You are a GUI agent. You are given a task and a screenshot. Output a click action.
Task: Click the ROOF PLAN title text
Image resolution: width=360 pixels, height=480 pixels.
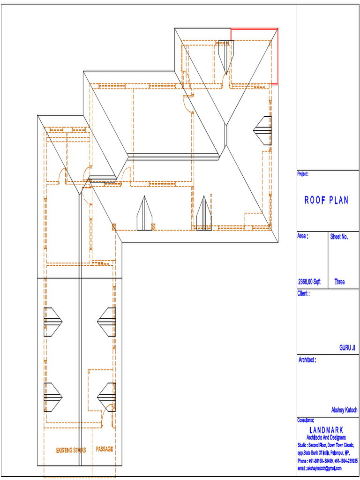pyautogui.click(x=327, y=201)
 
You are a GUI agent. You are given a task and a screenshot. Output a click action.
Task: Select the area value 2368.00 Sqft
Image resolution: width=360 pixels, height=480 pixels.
pyautogui.click(x=309, y=282)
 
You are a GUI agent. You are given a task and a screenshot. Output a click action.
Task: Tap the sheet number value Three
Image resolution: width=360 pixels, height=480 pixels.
pyautogui.click(x=339, y=282)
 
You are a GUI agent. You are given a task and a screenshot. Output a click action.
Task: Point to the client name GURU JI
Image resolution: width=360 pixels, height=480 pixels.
pyautogui.click(x=347, y=348)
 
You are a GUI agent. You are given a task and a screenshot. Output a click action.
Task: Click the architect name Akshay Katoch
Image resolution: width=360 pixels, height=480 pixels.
pyautogui.click(x=344, y=410)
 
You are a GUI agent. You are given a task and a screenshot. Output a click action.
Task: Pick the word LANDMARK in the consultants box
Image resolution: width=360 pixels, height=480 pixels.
pyautogui.click(x=326, y=430)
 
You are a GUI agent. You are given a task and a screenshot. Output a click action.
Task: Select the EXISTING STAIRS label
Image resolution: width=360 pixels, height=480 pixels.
pyautogui.click(x=71, y=450)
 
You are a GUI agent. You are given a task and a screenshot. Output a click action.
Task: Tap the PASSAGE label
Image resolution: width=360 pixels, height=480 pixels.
pyautogui.click(x=105, y=449)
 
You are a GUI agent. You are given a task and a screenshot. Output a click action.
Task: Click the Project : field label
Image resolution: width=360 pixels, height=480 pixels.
pyautogui.click(x=303, y=174)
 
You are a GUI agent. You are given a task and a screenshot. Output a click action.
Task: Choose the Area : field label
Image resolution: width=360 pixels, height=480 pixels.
pyautogui.click(x=303, y=236)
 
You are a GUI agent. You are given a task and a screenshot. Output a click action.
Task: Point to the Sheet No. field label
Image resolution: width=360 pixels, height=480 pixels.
pyautogui.click(x=339, y=237)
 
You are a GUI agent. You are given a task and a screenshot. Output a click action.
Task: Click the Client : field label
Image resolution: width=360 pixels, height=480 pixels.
pyautogui.click(x=303, y=294)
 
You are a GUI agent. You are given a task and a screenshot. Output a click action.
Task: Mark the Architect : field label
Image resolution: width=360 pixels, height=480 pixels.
pyautogui.click(x=307, y=360)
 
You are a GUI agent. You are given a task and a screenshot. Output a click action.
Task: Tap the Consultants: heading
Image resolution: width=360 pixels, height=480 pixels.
pyautogui.click(x=306, y=420)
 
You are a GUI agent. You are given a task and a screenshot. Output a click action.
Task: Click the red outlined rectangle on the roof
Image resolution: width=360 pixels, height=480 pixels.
pyautogui.click(x=255, y=56)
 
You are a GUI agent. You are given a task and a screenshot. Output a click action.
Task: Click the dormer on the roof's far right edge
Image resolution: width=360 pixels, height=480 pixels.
pyautogui.click(x=262, y=131)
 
